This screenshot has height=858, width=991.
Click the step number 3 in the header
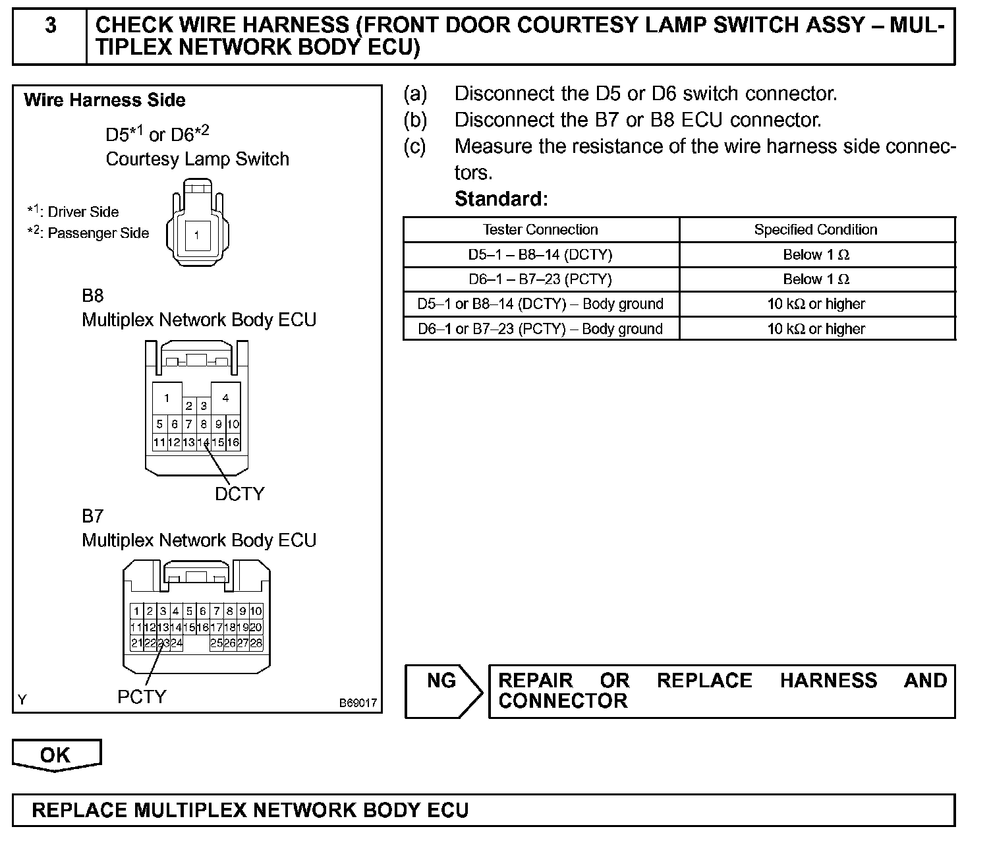click(x=50, y=26)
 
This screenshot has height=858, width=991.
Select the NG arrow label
click(x=441, y=681)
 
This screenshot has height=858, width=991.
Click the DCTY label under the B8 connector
click(x=239, y=494)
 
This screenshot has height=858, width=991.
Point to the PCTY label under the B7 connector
click(x=142, y=697)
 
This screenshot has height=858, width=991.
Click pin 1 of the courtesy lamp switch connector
click(x=196, y=235)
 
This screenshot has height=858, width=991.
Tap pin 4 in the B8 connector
click(x=225, y=398)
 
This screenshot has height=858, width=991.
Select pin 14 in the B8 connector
click(x=203, y=443)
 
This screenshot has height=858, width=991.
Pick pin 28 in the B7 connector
click(x=256, y=643)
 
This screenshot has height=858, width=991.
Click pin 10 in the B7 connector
click(x=256, y=612)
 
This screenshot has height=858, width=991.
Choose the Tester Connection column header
click(x=540, y=229)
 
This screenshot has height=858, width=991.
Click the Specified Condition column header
click(x=816, y=229)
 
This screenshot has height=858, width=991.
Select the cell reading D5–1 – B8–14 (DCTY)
click(x=540, y=254)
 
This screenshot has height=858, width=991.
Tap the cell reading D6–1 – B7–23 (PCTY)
click(x=540, y=279)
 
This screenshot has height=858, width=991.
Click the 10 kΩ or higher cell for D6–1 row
click(x=816, y=329)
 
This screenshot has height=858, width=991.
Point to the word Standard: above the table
click(x=501, y=198)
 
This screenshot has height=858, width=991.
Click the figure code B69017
click(x=358, y=703)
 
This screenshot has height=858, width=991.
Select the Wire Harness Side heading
click(x=105, y=100)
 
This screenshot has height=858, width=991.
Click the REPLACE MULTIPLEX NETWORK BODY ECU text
click(x=250, y=810)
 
